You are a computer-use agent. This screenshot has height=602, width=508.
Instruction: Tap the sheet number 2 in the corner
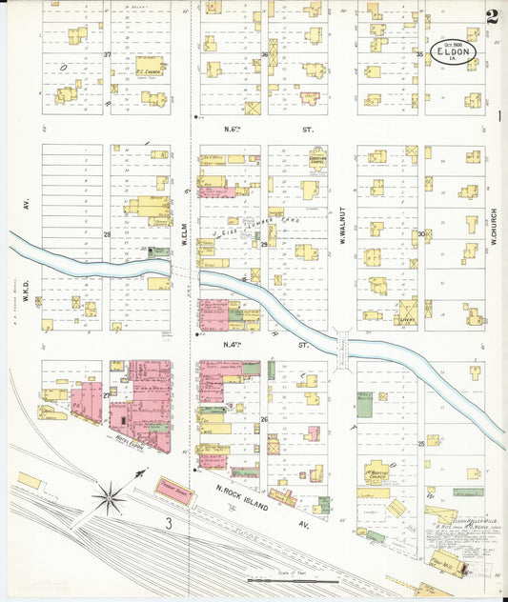coord(492,16)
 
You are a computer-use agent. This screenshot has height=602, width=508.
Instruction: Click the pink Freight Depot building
coord(175,486)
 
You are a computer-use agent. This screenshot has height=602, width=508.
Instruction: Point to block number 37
coord(107,54)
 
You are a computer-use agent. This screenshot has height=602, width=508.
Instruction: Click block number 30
coord(420,233)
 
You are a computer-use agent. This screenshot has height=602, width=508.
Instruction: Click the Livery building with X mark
coord(409,309)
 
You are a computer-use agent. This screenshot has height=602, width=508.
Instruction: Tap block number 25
coord(420,443)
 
